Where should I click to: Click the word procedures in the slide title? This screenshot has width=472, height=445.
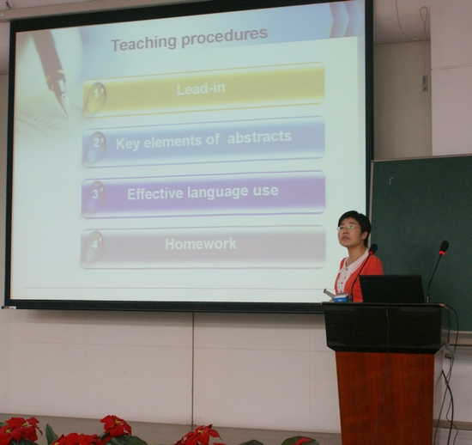pyautogui.click(x=224, y=37)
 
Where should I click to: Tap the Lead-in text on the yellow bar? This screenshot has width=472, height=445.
pyautogui.click(x=201, y=88)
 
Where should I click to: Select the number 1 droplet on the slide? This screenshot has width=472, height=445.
pyautogui.click(x=95, y=96)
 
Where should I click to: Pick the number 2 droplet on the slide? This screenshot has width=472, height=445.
pyautogui.click(x=96, y=146)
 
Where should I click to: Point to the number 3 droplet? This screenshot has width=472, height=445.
pyautogui.click(x=95, y=196)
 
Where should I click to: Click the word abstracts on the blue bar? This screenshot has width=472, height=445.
pyautogui.click(x=259, y=137)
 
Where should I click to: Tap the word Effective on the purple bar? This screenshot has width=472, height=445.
pyautogui.click(x=154, y=194)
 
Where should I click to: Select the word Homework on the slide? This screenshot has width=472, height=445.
pyautogui.click(x=201, y=244)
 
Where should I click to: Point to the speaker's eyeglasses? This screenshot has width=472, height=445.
pyautogui.click(x=348, y=228)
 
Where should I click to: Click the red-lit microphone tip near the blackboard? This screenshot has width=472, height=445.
pyautogui.click(x=444, y=247)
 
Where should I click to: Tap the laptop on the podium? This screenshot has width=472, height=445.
pyautogui.click(x=392, y=289)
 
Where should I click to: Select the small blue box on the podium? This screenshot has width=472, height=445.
pyautogui.click(x=341, y=298)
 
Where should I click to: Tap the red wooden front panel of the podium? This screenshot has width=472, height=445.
pyautogui.click(x=384, y=398)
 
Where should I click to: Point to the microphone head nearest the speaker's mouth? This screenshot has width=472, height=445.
pyautogui.click(x=373, y=249)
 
